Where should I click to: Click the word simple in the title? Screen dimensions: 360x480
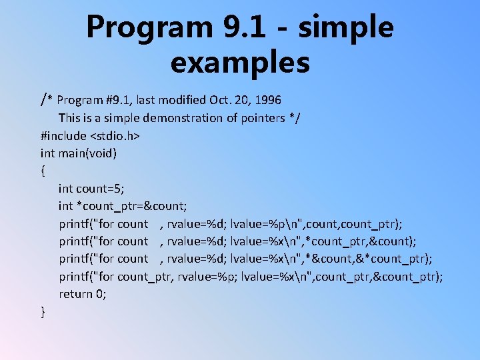(x=346, y=28)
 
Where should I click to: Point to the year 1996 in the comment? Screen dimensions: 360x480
(x=267, y=100)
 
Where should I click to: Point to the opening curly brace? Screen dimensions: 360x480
(x=43, y=171)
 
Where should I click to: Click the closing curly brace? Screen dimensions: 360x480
(x=43, y=311)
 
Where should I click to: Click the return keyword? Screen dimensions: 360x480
(x=75, y=294)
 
